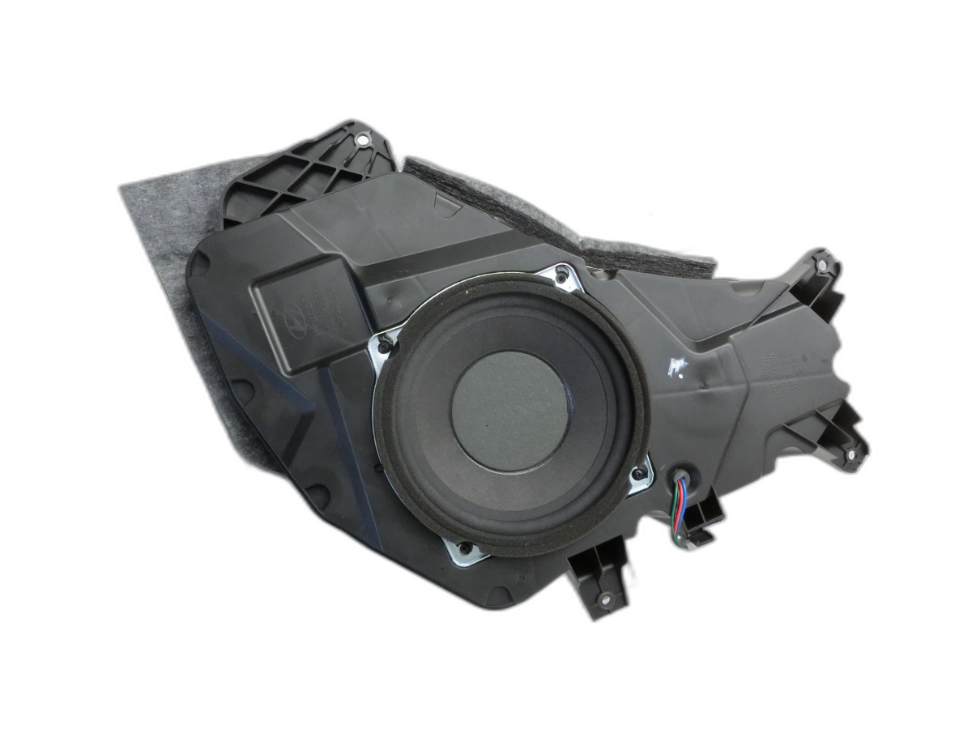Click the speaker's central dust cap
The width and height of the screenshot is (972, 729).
(509, 410)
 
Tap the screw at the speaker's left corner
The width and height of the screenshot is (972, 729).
(384, 347)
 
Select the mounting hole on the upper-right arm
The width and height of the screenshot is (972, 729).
(822, 265)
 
